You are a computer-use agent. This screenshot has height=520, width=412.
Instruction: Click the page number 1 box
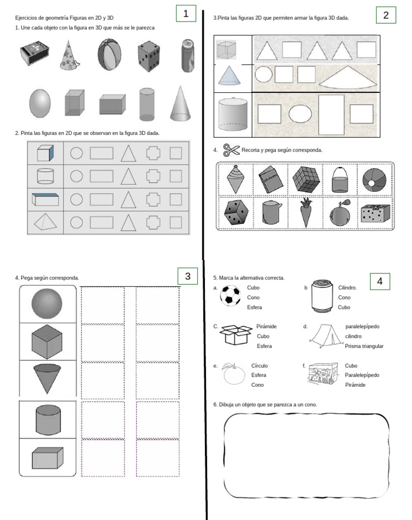click(185, 14)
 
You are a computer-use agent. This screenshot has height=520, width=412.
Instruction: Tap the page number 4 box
click(380, 281)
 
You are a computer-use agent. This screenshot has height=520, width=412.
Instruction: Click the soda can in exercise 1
click(187, 55)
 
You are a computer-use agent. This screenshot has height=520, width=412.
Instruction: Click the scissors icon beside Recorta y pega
click(231, 150)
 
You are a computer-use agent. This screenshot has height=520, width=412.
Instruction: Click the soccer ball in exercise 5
click(230, 295)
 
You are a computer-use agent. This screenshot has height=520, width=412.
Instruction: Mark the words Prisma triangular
click(364, 346)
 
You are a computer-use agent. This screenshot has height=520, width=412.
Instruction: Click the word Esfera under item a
click(254, 308)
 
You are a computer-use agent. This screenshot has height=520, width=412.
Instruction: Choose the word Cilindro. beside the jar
click(348, 287)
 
